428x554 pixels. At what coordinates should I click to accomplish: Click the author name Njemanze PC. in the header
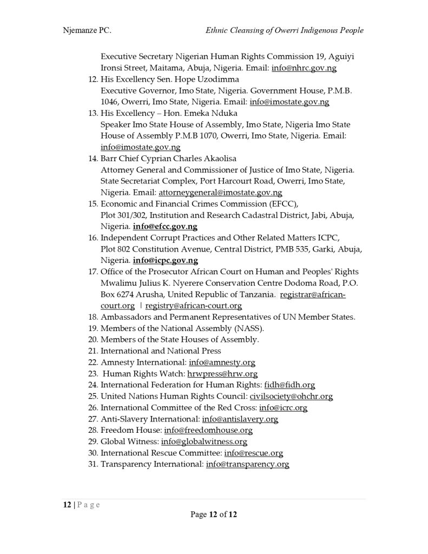tap(87, 30)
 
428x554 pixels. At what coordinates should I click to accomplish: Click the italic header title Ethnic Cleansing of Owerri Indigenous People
tap(285, 30)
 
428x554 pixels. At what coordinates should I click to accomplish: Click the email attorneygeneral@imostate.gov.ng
tap(220, 193)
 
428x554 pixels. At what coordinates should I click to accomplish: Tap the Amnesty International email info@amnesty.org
tap(221, 362)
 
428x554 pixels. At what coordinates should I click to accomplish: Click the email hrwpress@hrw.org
tap(222, 374)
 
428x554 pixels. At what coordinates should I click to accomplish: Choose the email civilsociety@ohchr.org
tap(291, 397)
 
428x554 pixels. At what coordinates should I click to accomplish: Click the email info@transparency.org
tap(247, 464)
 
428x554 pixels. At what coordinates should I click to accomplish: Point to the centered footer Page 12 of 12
tap(214, 515)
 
